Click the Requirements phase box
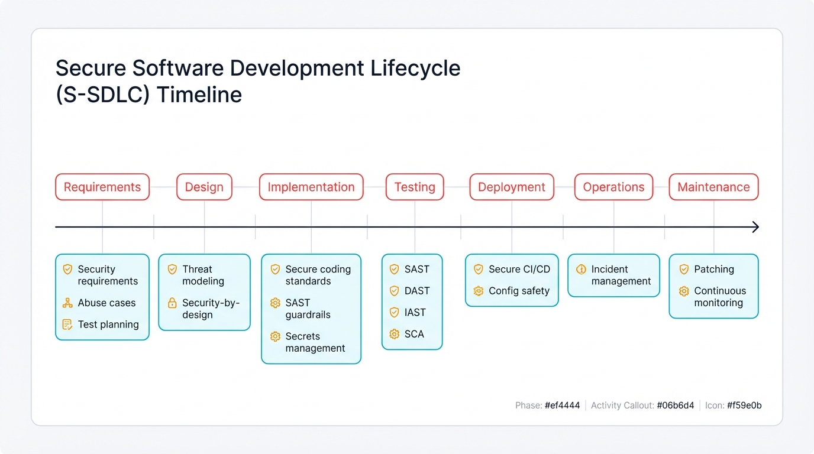[102, 187]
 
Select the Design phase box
[204, 187]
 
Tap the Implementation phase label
[311, 187]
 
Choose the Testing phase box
[415, 187]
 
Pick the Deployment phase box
[512, 187]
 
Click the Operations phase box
[613, 187]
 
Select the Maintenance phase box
[713, 187]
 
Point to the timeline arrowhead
[755, 227]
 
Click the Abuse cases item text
[106, 303]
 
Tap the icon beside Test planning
[67, 325]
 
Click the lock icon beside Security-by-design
[172, 303]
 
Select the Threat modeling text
[203, 275]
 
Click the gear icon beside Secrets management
[275, 336]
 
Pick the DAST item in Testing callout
[417, 291]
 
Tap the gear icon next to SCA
[395, 334]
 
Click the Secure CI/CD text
[519, 269]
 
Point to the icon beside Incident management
[581, 270]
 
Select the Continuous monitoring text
[719, 297]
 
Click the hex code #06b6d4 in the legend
[676, 406]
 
